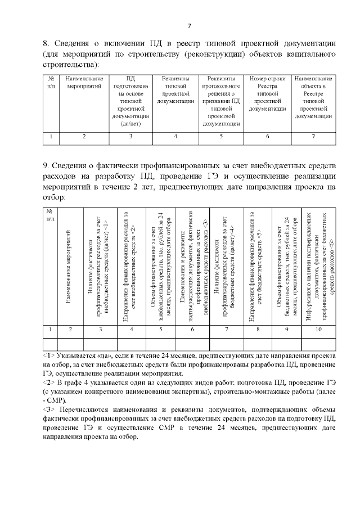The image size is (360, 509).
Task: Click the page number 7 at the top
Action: click(190, 25)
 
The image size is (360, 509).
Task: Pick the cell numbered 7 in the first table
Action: click(313, 136)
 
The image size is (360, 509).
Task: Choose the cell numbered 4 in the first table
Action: click(175, 136)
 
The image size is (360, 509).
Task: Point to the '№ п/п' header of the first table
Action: click(51, 82)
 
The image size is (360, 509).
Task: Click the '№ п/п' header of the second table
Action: click(50, 215)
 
